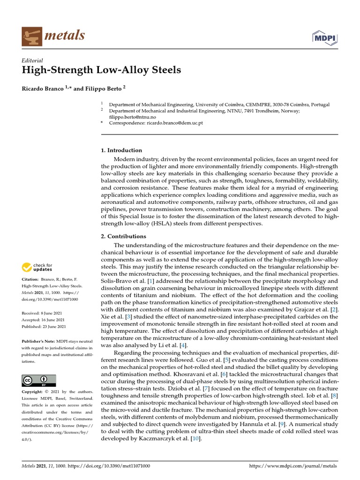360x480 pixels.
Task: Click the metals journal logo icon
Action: [x=30, y=36]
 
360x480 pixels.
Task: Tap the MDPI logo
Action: [x=325, y=37]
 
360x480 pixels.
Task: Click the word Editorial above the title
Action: [x=32, y=60]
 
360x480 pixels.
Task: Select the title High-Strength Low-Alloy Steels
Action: [x=101, y=71]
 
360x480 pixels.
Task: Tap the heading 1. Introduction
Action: [x=121, y=150]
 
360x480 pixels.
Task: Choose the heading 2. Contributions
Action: [x=124, y=236]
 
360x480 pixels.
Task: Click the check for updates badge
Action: [x=38, y=268]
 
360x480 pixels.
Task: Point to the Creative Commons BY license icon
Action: [x=38, y=380]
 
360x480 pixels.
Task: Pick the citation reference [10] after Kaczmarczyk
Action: [x=196, y=439]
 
